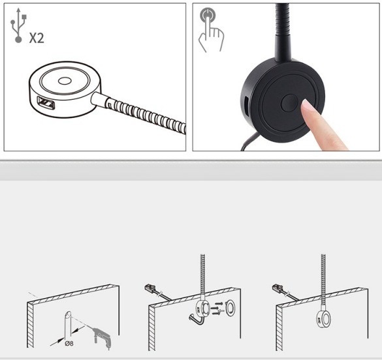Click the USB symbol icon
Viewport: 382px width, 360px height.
[x=18, y=25]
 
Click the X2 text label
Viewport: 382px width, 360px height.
[x=37, y=38]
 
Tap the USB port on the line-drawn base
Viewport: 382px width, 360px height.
[x=46, y=102]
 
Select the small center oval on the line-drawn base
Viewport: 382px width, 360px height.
[x=65, y=81]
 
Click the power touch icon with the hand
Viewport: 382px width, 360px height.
[x=210, y=30]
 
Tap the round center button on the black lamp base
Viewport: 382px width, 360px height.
[x=289, y=103]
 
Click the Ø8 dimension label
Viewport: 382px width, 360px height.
[x=69, y=344]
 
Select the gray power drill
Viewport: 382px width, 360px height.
[x=103, y=338]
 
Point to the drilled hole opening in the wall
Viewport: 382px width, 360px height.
[x=68, y=314]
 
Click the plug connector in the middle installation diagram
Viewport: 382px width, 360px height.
[x=150, y=288]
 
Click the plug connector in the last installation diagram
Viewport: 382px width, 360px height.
[x=278, y=288]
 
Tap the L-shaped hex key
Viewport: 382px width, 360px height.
[x=198, y=320]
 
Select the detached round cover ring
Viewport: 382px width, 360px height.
[x=230, y=308]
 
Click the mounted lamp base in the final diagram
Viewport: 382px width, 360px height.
[x=323, y=319]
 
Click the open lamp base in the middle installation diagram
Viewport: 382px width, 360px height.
[x=202, y=308]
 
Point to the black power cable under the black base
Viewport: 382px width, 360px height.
[x=250, y=141]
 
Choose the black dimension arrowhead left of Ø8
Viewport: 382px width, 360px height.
[x=60, y=340]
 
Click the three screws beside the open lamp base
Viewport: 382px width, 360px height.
[x=216, y=308]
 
